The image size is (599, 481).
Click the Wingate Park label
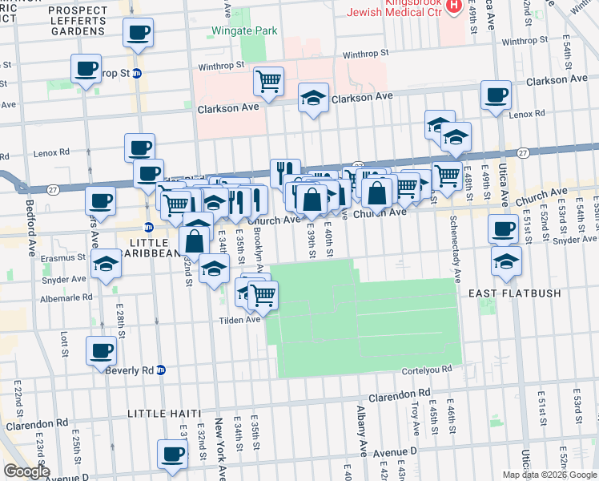tap(243, 30)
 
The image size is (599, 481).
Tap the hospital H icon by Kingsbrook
tap(454, 6)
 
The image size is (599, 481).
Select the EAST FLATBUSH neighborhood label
tap(521, 293)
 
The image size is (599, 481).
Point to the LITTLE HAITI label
tap(164, 413)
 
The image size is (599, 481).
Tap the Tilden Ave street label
tap(241, 319)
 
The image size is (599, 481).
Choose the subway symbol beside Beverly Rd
tap(161, 370)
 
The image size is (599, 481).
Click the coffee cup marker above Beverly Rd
tap(102, 350)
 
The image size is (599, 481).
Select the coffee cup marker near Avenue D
tap(172, 455)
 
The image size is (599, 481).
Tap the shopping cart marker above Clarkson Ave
tap(269, 80)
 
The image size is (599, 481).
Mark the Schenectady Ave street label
tap(455, 249)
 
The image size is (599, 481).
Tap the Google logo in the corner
tap(26, 472)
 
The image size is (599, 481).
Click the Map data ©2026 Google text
tap(549, 475)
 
